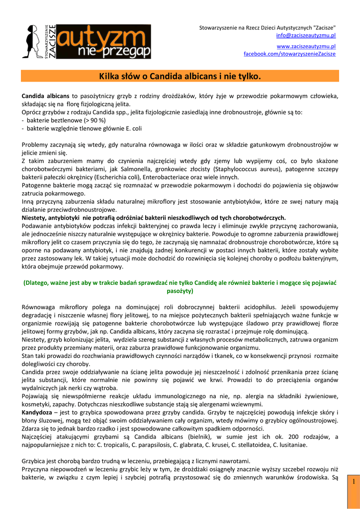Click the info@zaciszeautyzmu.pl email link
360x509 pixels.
pos(306,35)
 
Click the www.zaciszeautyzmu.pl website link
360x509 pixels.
pos(306,46)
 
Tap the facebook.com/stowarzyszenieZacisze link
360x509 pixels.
pos(289,54)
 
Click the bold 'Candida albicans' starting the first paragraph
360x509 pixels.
pos(46,95)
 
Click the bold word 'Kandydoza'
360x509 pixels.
pos(37,412)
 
